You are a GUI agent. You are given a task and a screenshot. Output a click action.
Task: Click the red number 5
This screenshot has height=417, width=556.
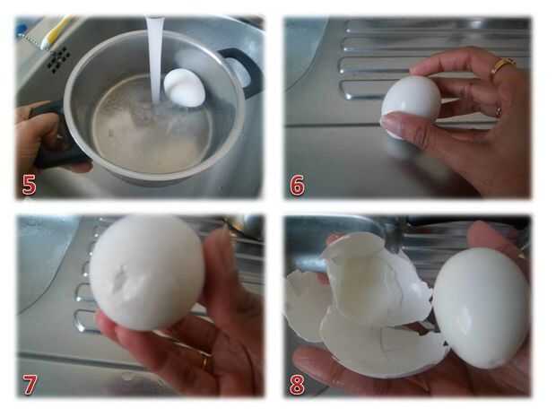click(x=29, y=185)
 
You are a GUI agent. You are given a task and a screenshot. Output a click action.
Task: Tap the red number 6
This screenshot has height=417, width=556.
click(x=297, y=185)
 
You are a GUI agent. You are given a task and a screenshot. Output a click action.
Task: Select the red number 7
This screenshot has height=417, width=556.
click(x=30, y=384)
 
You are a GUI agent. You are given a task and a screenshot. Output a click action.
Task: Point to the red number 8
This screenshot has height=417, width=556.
click(x=297, y=384)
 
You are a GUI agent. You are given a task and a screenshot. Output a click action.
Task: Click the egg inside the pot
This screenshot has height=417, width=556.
click(x=184, y=88)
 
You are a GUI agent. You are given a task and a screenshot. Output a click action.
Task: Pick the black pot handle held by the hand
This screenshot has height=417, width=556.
click(x=53, y=138)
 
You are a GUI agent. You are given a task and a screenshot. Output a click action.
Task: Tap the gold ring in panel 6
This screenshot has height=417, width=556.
click(x=503, y=65)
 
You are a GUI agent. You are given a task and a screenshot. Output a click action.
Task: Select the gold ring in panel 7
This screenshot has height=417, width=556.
click(x=205, y=361)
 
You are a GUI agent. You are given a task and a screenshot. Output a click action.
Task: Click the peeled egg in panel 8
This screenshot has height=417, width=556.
click(x=482, y=308)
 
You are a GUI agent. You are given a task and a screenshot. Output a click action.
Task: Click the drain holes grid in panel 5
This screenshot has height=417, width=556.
click(x=58, y=59)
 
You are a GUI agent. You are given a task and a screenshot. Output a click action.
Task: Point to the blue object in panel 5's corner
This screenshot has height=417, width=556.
click(x=22, y=29)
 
